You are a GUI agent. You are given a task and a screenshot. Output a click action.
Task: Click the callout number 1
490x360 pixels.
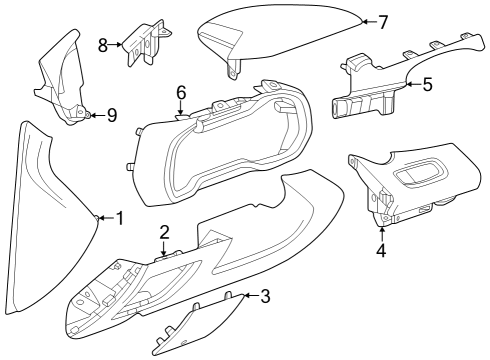(x=119, y=218)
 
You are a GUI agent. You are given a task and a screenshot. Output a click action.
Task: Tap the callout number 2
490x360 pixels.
(x=164, y=232)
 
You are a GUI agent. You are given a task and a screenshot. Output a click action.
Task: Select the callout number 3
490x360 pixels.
(x=265, y=296)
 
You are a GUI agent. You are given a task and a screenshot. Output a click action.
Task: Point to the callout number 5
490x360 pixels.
(x=427, y=85)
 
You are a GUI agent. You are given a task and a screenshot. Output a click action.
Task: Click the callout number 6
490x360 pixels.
(x=181, y=92)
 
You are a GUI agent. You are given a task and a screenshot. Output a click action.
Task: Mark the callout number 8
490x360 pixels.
(x=103, y=45)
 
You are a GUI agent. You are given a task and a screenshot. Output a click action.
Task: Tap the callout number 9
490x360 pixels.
(x=112, y=116)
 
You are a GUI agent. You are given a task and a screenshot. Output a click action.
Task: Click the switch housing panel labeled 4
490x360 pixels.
(x=405, y=190)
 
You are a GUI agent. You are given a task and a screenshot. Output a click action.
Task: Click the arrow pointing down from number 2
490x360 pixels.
(x=164, y=250)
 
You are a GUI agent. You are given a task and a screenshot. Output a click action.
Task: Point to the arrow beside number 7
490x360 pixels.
(x=366, y=21)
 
